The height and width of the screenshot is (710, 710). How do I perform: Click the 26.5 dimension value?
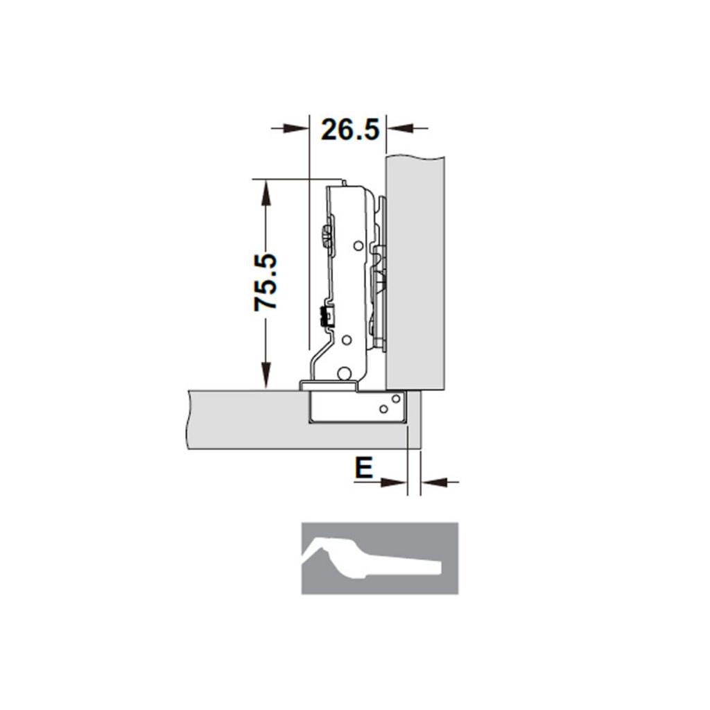click(x=350, y=129)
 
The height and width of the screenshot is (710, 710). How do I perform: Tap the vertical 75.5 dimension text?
click(x=266, y=282)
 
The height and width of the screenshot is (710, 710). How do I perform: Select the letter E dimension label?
click(x=363, y=468)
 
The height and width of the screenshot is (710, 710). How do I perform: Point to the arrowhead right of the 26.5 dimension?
click(x=399, y=128)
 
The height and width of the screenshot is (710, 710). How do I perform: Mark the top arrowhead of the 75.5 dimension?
click(x=264, y=191)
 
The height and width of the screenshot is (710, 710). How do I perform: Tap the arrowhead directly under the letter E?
click(x=395, y=482)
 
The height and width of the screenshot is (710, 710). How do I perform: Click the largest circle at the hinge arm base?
click(x=343, y=374)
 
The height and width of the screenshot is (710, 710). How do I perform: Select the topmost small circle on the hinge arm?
click(x=358, y=245)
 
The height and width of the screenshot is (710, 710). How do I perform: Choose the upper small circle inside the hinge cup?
click(x=395, y=399)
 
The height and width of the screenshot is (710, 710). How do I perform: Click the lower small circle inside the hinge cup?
click(x=383, y=409)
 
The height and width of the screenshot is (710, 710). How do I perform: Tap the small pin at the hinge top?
click(x=343, y=182)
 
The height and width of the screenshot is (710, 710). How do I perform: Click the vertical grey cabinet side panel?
click(x=415, y=270)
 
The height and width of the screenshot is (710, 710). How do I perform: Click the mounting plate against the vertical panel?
click(x=379, y=277)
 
